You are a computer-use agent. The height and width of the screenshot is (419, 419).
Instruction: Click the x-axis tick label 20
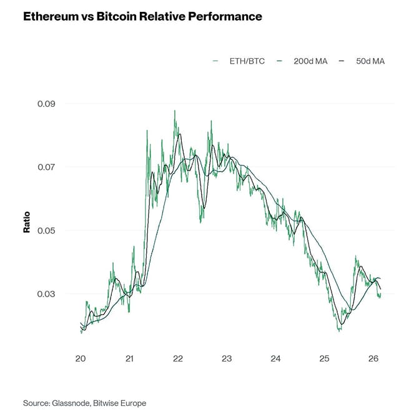(81, 359)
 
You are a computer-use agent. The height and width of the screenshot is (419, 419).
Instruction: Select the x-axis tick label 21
(129, 359)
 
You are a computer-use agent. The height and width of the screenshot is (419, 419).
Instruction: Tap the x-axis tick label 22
(178, 359)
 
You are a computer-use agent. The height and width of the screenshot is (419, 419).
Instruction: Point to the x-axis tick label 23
(227, 359)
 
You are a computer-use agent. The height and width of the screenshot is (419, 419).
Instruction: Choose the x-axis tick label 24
(275, 359)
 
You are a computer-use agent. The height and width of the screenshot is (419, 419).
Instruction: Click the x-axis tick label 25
(324, 359)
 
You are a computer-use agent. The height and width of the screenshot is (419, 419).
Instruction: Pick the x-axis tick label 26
(373, 359)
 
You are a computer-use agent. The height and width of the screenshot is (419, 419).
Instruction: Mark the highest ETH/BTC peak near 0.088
(175, 111)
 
